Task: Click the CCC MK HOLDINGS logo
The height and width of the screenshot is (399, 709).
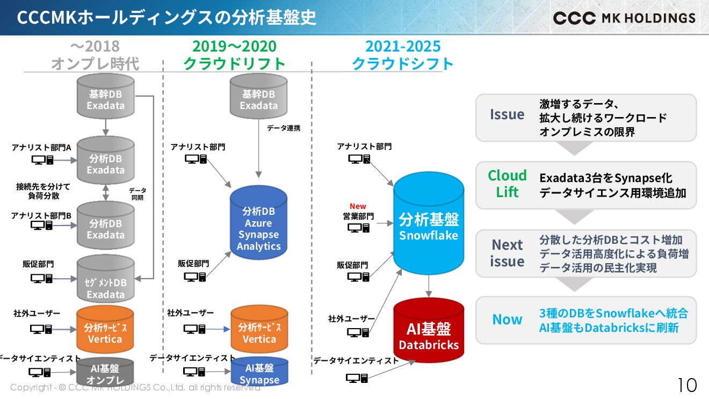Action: click(624, 18)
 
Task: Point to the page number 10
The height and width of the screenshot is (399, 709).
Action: click(687, 385)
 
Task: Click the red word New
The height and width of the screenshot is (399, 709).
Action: click(358, 206)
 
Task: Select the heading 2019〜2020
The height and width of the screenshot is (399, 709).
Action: click(234, 46)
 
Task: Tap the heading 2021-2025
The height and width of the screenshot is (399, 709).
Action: click(403, 46)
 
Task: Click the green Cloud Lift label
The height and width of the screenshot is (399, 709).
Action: click(507, 184)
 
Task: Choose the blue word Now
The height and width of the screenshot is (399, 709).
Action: click(507, 320)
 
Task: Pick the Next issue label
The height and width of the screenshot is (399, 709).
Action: click(507, 253)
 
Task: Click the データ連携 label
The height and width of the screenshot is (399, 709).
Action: click(284, 128)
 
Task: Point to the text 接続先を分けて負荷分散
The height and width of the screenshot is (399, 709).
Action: click(43, 191)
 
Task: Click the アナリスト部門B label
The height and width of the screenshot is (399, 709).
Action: click(41, 216)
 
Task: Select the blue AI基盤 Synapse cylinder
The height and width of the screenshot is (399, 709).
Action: click(259, 372)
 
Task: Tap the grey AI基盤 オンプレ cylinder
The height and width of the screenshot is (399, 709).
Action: click(105, 373)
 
